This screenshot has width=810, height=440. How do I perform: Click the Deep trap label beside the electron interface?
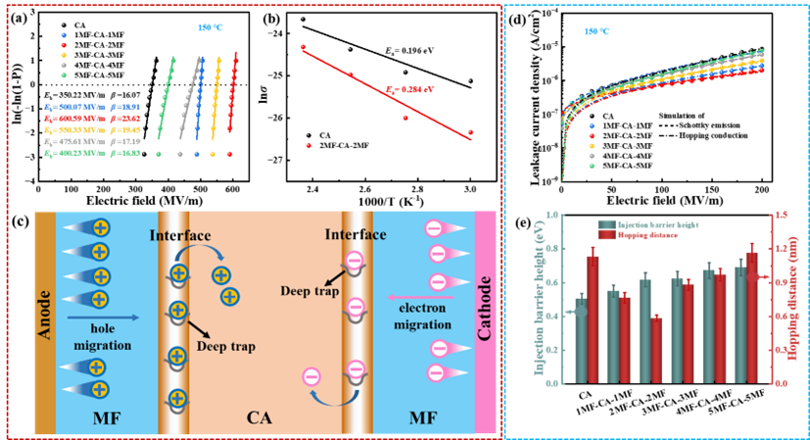(x=310, y=290)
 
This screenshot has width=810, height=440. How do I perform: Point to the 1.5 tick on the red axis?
(x=780, y=214)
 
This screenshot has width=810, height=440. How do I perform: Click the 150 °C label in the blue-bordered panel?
(x=597, y=32)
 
